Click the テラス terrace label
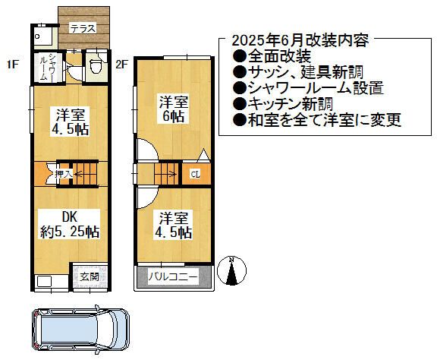(83, 28)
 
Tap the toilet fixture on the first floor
(95, 66)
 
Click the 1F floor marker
(12, 65)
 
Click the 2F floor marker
(122, 65)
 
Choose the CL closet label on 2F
(195, 174)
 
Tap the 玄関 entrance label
(89, 277)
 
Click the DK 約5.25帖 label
(70, 223)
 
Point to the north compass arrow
(233, 270)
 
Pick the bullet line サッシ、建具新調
(295, 72)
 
